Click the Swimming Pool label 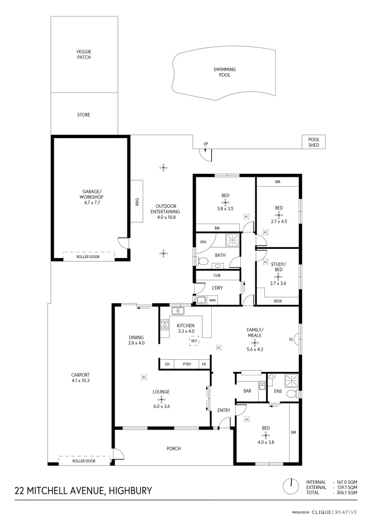click(225, 72)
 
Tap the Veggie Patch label click(84, 54)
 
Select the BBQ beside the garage click(137, 200)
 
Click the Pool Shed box click(313, 141)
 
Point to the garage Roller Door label click(88, 257)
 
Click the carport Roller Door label click(84, 461)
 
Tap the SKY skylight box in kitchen click(194, 341)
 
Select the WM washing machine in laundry click(212, 300)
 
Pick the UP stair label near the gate click(205, 144)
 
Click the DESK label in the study click(277, 300)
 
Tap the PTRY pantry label click(186, 364)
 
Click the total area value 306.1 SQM click(345, 492)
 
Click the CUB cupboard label click(217, 276)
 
